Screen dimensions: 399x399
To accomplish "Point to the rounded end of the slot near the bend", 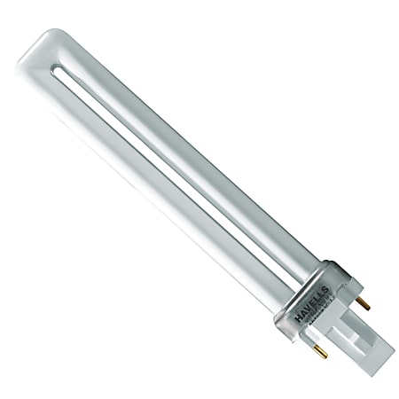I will pyautogui.click(x=61, y=66).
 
